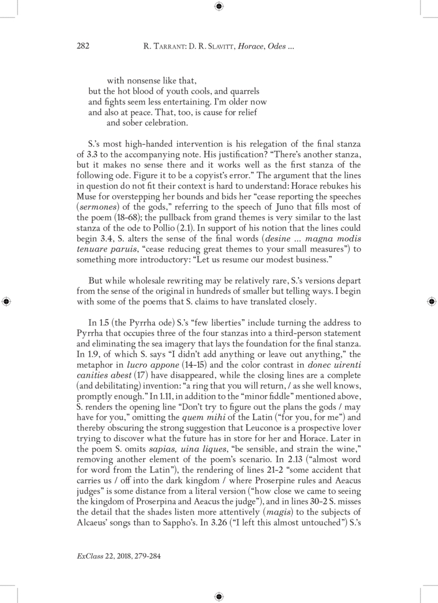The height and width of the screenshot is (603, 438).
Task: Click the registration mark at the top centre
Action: [218, 7]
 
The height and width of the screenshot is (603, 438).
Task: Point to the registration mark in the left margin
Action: [7, 301]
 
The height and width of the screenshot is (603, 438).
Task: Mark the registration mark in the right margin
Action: [431, 301]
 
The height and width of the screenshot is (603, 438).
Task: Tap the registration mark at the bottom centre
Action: [218, 596]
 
